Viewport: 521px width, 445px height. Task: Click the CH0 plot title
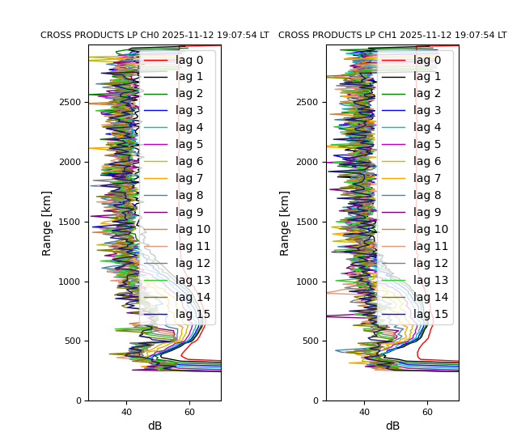coord(155,36)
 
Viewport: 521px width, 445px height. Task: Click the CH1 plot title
coord(392,36)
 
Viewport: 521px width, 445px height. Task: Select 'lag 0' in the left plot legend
coord(189,60)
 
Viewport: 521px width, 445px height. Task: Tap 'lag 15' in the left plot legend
coord(193,315)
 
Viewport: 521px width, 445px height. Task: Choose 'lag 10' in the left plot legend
coord(193,230)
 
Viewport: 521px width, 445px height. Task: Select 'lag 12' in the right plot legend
coord(430,264)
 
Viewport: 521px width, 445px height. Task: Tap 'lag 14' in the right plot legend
coord(430,298)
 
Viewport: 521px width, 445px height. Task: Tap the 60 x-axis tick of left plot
coord(189,413)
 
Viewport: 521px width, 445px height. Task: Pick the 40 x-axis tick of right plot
coord(364,413)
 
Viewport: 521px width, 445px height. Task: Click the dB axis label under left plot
coord(155,426)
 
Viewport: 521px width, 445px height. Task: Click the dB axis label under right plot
coord(392,426)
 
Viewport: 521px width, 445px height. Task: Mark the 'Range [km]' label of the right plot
coord(286,222)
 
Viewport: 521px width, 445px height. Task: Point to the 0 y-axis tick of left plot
coord(78,401)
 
